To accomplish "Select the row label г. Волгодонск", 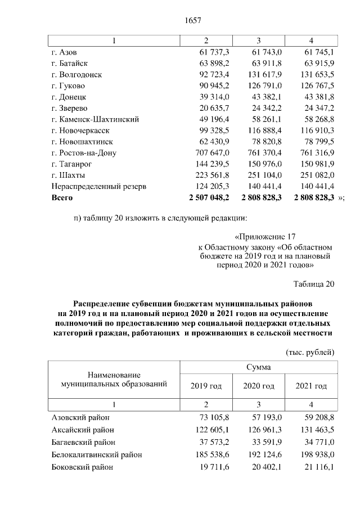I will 76,74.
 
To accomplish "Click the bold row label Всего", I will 62,198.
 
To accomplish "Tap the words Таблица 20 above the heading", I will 314,283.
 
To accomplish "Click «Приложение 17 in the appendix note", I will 264,237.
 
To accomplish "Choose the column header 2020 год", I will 259,386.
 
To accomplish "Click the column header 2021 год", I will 311,386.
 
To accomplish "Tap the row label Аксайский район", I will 82,429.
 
